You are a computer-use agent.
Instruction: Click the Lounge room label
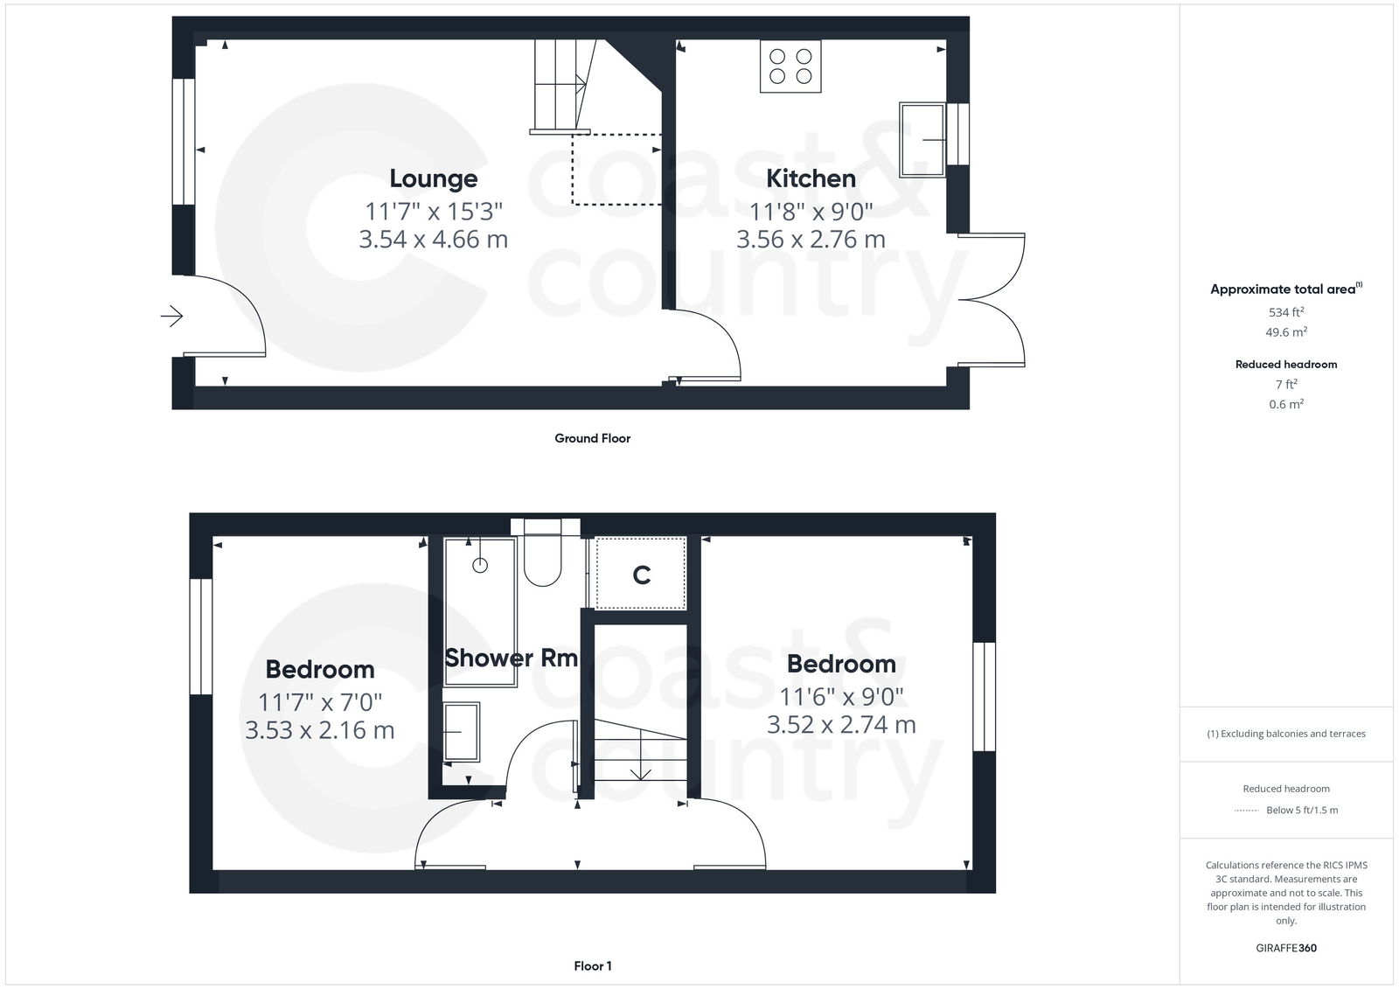coord(433,178)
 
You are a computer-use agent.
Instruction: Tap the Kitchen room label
coord(811,178)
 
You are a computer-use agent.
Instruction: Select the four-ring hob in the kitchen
coord(790,66)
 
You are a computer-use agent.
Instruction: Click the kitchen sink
coord(922,140)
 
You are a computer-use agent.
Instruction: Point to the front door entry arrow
coord(172,316)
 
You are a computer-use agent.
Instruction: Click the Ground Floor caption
coord(592,438)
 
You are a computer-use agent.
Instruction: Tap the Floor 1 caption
coord(592,966)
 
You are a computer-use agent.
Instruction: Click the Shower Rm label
coord(512,658)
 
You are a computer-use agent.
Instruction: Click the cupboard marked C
coord(641,575)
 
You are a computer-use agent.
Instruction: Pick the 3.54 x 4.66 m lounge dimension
coord(433,239)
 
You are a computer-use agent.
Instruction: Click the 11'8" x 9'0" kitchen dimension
coord(811,211)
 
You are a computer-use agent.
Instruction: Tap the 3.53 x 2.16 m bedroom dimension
coord(319,729)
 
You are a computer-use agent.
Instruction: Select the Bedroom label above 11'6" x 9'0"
coord(841,664)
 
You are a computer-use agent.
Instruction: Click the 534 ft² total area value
coord(1285,312)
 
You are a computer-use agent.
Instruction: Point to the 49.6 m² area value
coord(1285,332)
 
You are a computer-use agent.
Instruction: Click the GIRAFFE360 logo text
coord(1285,948)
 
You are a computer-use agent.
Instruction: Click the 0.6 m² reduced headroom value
coord(1285,404)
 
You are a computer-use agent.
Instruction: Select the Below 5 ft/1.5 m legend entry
coord(1301,811)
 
